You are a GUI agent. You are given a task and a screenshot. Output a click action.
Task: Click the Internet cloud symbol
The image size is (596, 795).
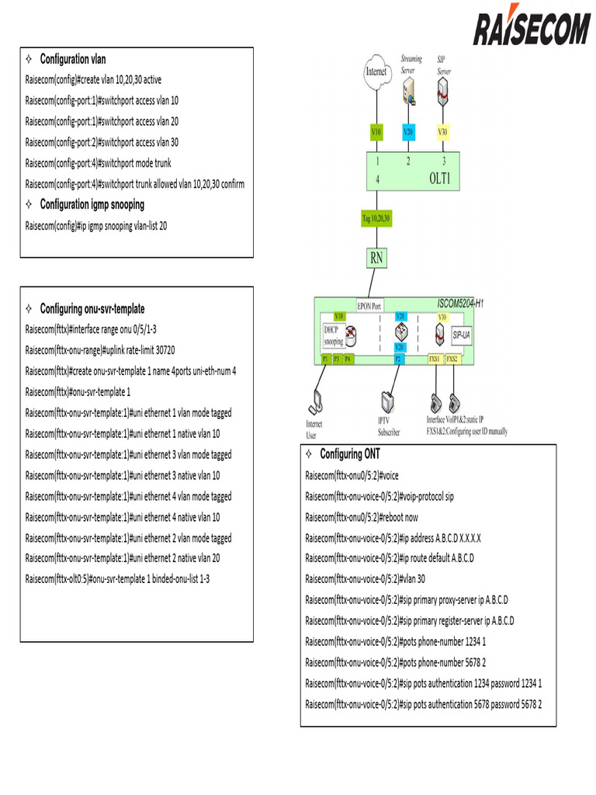tap(376, 71)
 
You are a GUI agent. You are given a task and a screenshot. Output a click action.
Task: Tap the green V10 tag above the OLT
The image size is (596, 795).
tap(376, 133)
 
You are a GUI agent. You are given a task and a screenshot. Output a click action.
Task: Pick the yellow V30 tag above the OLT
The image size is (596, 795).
tap(442, 133)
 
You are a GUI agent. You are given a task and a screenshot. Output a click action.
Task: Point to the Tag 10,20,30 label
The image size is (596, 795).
tap(376, 219)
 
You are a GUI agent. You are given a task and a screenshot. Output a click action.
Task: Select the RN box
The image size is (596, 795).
tap(376, 259)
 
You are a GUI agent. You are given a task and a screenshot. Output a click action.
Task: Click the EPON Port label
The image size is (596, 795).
tap(369, 306)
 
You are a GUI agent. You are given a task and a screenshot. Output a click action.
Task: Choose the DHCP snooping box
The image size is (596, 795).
tap(334, 335)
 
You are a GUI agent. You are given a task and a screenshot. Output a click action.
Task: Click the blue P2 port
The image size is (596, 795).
tap(397, 359)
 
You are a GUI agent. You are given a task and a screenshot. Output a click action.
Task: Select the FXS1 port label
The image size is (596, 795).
tap(435, 359)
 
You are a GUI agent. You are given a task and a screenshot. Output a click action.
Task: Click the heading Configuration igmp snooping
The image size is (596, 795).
tap(92, 205)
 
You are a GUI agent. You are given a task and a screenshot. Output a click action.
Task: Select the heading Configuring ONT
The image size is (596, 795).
tap(350, 454)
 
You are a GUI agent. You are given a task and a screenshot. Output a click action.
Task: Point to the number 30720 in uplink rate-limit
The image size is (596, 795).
tap(161, 349)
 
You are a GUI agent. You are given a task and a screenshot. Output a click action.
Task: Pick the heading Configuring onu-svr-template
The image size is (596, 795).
tap(92, 309)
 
